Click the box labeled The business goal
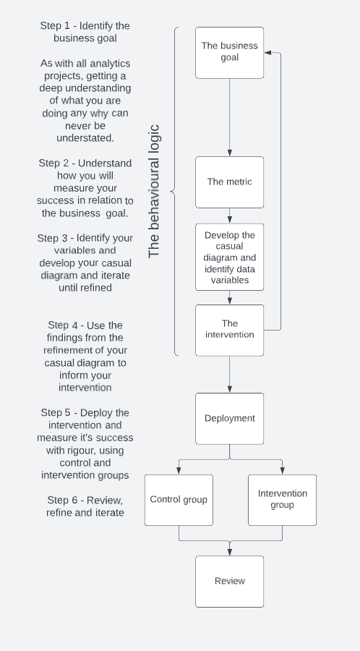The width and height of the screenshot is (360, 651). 229,52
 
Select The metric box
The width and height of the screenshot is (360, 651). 229,182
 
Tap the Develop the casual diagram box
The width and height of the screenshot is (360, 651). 229,257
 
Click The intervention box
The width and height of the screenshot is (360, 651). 229,330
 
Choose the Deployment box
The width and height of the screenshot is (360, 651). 229,418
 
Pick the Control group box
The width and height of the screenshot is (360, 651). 179,499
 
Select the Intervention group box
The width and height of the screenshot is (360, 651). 282,499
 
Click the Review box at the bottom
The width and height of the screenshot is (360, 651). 229,581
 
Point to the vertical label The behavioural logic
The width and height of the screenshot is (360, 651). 154,192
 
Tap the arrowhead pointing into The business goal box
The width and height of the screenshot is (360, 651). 267,53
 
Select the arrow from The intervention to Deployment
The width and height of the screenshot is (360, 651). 229,374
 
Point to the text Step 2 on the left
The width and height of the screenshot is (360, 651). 55,163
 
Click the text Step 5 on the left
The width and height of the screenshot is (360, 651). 58,412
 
